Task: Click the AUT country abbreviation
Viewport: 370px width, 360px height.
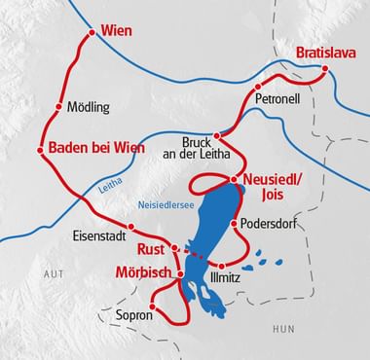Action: (53, 276)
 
